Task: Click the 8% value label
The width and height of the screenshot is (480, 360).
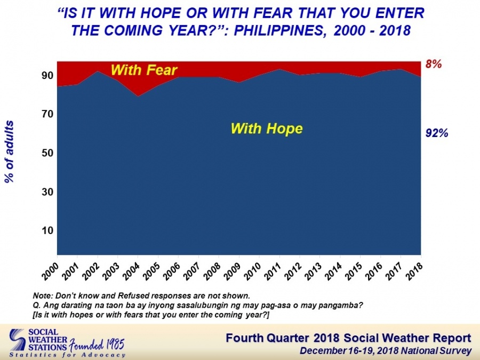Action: [434, 65]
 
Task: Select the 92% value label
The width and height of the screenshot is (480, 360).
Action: [437, 133]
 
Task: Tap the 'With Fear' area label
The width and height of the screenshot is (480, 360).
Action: [144, 70]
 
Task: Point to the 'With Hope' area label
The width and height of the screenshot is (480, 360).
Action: [267, 128]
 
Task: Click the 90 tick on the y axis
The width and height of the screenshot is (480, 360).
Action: [47, 75]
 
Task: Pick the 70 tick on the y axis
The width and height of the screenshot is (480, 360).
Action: [47, 114]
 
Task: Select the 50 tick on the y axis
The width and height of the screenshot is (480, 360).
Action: [47, 153]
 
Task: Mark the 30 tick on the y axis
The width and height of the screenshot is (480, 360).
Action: [47, 191]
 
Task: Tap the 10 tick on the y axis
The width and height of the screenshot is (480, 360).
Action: [47, 230]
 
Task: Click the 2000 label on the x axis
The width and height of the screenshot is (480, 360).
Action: [50, 271]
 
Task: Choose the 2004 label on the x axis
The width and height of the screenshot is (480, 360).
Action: [131, 271]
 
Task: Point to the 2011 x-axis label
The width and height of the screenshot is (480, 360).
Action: [273, 271]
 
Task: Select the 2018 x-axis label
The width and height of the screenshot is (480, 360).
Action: [414, 271]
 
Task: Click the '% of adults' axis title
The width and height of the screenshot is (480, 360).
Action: [10, 152]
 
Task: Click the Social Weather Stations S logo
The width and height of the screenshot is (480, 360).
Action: [18, 340]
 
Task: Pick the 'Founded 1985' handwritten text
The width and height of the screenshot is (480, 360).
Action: [97, 345]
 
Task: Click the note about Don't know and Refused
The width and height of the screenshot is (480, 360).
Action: [141, 295]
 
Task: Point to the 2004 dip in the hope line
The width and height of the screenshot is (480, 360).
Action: [138, 96]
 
